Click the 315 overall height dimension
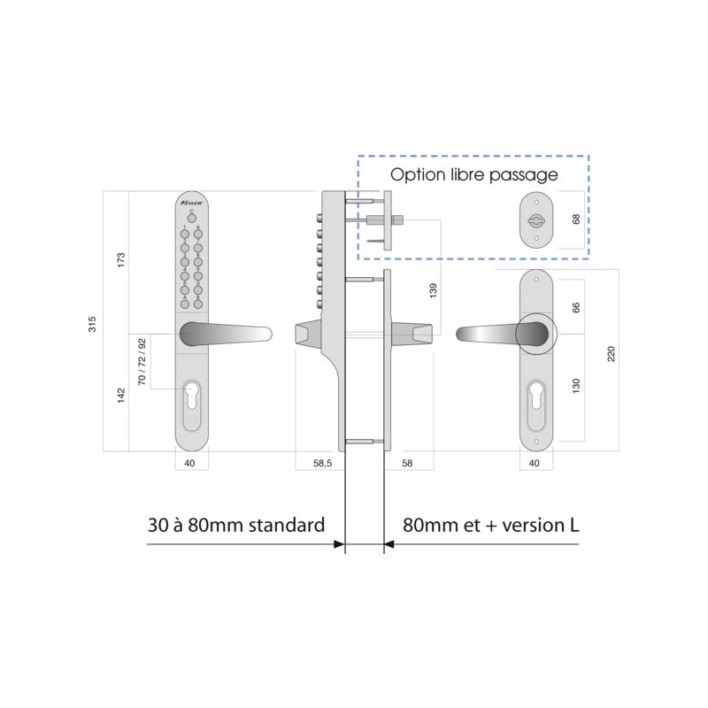[93, 324]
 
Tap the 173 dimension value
[122, 260]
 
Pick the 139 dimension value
[432, 290]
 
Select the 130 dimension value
[576, 387]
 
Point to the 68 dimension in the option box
[576, 217]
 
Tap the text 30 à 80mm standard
[236, 524]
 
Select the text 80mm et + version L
[491, 524]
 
